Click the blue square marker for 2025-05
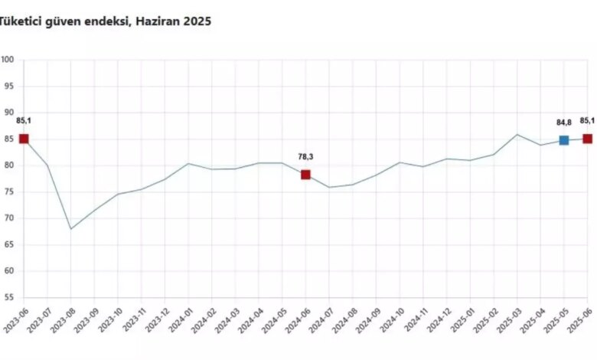(x=564, y=140)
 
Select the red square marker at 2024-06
(x=305, y=175)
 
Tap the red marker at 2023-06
(x=24, y=139)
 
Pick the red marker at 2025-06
(x=588, y=139)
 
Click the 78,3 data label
(x=305, y=156)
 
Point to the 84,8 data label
(x=564, y=123)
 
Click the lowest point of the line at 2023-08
(x=71, y=229)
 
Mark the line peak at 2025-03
(x=517, y=135)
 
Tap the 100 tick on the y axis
(x=7, y=60)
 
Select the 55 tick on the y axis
(x=8, y=297)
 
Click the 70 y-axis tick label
(x=8, y=218)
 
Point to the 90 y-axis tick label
(x=8, y=113)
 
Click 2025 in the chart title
(x=197, y=21)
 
